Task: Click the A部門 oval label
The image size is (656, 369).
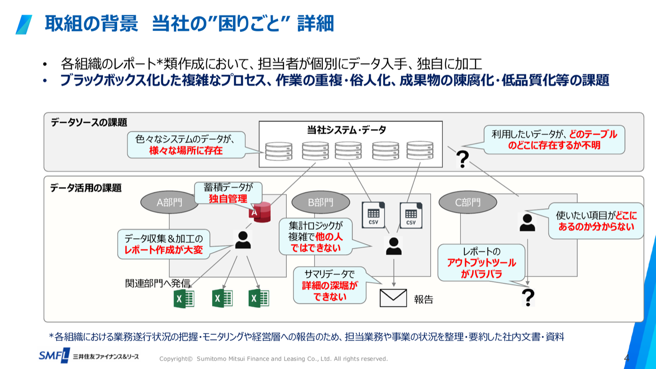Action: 169,202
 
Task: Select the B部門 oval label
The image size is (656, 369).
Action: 321,202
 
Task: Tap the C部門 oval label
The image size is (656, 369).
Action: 468,202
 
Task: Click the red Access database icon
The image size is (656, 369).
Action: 260,212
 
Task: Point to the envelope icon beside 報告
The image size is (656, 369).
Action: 393,298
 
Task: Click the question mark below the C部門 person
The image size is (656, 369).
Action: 529,297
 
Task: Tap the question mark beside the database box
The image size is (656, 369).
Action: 463,159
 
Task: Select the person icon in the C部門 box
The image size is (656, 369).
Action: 527,222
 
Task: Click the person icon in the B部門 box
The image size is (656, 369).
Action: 394,246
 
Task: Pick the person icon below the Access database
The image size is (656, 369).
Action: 243,240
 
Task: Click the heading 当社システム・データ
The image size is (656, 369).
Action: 346,129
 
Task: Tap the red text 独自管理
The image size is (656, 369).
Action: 228,199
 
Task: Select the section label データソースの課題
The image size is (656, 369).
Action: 89,122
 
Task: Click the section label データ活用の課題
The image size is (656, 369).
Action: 86,188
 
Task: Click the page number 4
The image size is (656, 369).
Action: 626,358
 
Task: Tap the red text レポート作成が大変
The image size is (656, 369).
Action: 164,250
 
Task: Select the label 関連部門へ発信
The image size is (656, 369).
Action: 157,283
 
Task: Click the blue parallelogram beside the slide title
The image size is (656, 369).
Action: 24,25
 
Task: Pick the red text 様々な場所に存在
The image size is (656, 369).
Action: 186,151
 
